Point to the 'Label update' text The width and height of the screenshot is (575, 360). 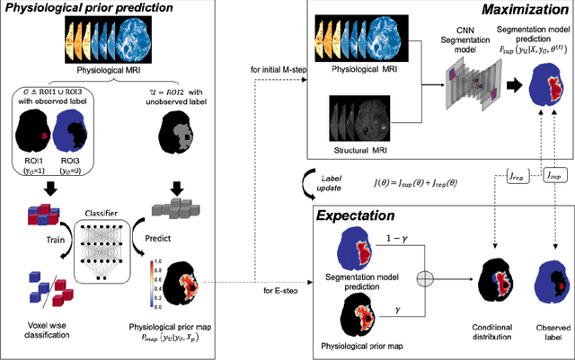pyautogui.click(x=276, y=184)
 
